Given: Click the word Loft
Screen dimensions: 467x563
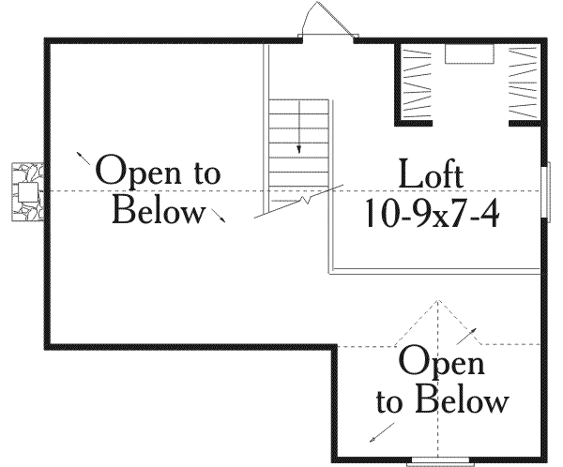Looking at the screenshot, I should [x=431, y=175].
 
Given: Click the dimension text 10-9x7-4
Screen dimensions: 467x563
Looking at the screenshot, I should [x=431, y=216].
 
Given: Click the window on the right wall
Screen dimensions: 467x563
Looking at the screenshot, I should [x=546, y=191].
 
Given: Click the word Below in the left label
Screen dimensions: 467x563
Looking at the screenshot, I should [x=158, y=211].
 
